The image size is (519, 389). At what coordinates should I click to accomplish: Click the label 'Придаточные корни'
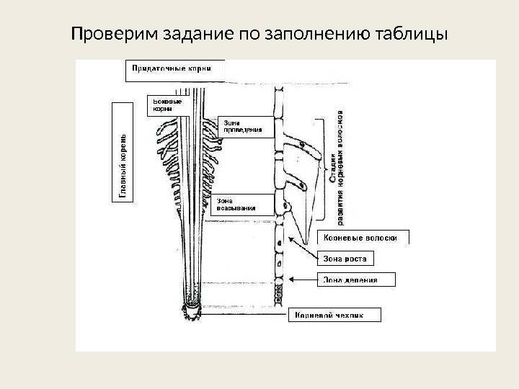(170, 69)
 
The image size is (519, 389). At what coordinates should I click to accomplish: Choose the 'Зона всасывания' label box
(236, 204)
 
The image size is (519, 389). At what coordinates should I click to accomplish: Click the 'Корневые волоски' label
(363, 238)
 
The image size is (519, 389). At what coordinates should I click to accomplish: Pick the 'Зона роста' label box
(345, 258)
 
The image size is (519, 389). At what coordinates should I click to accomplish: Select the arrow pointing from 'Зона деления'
(303, 278)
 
